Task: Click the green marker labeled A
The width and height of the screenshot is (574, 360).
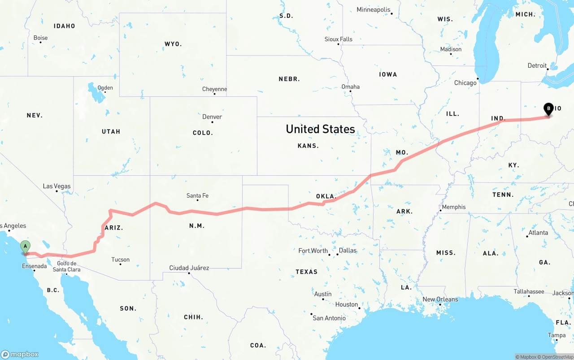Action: pyautogui.click(x=26, y=247)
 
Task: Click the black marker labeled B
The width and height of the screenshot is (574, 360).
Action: pyautogui.click(x=548, y=109)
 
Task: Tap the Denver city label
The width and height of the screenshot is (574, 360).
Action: pyautogui.click(x=212, y=117)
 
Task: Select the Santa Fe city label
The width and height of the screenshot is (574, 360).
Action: pyautogui.click(x=197, y=195)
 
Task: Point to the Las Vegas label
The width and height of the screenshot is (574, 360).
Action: pyautogui.click(x=57, y=186)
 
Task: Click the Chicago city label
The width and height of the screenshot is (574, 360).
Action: pyautogui.click(x=465, y=83)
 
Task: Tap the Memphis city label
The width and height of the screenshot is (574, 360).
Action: pyautogui.click(x=454, y=207)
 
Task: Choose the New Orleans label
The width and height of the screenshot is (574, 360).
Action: pyautogui.click(x=440, y=299)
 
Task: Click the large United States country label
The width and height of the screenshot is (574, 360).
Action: pyautogui.click(x=320, y=129)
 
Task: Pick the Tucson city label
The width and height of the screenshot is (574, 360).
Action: pyautogui.click(x=120, y=260)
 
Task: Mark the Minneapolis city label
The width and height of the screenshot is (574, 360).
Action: pyautogui.click(x=374, y=9)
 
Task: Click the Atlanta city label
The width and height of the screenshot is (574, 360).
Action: pyautogui.click(x=538, y=233)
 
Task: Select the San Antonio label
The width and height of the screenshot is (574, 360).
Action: pyautogui.click(x=329, y=318)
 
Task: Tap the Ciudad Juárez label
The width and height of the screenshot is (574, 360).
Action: pyautogui.click(x=189, y=268)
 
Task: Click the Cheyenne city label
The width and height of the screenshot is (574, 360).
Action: pyautogui.click(x=214, y=89)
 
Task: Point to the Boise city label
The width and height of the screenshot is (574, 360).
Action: pyautogui.click(x=40, y=38)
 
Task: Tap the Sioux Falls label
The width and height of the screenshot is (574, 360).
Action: pyautogui.click(x=339, y=39)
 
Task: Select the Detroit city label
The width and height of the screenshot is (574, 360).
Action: pyautogui.click(x=537, y=65)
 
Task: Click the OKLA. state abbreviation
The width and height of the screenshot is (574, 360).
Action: pyautogui.click(x=326, y=196)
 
